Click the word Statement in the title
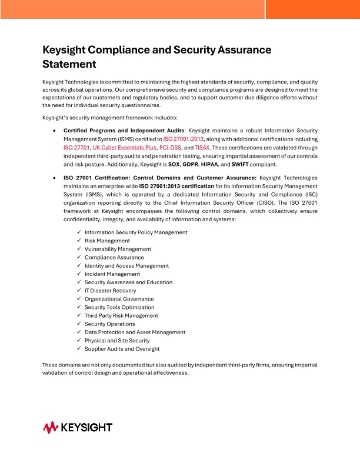(x=69, y=64)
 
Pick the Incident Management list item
(x=112, y=274)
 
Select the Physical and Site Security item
(x=117, y=340)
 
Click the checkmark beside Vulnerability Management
(x=79, y=249)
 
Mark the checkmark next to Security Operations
(x=79, y=324)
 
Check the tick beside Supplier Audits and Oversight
(x=79, y=348)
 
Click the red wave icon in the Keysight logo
(x=51, y=427)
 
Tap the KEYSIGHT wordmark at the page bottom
(x=86, y=427)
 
